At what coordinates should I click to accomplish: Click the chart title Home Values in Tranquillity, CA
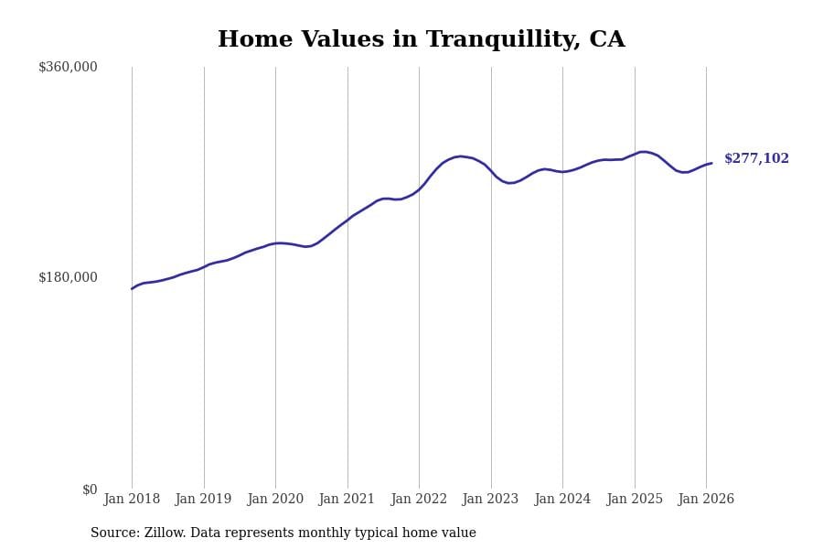[x=421, y=40]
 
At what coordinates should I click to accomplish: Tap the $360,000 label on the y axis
[x=68, y=67]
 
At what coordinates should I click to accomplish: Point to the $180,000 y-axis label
[x=68, y=277]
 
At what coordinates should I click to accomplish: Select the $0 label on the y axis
[x=90, y=490]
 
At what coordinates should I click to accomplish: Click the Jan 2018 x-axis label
[x=132, y=500]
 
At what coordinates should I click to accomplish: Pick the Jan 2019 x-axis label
[x=203, y=500]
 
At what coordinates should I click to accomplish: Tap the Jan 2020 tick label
[x=275, y=500]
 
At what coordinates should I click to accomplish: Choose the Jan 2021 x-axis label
[x=347, y=500]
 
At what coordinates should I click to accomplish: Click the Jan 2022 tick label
[x=419, y=500]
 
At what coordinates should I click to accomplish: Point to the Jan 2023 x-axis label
[x=490, y=500]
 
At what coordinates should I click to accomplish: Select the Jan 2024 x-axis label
[x=562, y=500]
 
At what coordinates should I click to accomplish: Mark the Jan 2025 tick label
[x=635, y=500]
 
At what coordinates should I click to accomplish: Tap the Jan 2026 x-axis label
[x=706, y=500]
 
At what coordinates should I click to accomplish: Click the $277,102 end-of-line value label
[x=756, y=159]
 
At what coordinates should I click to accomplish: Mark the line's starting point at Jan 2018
[x=132, y=289]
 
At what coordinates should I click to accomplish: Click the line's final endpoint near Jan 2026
[x=711, y=163]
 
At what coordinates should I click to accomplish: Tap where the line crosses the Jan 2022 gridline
[x=419, y=189]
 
